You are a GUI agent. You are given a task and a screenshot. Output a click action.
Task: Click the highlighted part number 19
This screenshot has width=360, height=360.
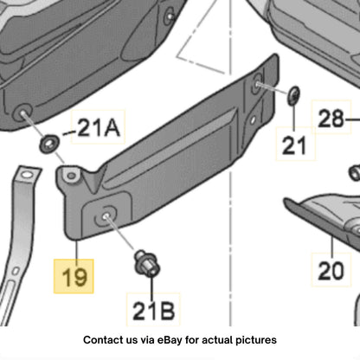[74, 277]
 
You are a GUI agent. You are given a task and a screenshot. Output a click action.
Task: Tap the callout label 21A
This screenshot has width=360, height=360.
[99, 127]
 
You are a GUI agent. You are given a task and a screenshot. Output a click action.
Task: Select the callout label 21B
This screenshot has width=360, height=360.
[153, 311]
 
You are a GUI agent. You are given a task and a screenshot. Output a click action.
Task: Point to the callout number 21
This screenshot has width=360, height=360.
[294, 145]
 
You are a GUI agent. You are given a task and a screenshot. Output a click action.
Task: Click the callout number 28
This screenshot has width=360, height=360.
[331, 118]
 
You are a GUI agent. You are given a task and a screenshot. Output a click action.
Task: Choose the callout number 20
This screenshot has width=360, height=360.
[331, 270]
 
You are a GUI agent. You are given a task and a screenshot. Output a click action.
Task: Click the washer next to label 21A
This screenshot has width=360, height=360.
[49, 144]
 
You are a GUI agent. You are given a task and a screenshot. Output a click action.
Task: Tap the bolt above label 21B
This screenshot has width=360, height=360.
[146, 264]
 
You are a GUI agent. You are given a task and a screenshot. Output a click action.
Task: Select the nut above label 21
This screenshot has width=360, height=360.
[294, 95]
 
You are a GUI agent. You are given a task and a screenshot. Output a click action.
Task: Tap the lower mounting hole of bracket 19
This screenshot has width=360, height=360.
[106, 215]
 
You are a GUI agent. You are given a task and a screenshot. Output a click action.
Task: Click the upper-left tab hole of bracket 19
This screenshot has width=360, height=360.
[71, 176]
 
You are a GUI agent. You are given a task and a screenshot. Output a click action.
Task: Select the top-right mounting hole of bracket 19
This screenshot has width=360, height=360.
[257, 83]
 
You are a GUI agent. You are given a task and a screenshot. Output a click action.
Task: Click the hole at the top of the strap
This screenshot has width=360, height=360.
[27, 175]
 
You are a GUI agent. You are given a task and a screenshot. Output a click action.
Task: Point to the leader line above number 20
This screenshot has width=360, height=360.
[332, 247]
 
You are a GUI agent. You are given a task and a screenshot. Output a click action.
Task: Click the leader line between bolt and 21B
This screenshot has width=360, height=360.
[151, 288]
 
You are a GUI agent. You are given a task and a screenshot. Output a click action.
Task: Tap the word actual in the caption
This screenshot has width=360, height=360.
[217, 340]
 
